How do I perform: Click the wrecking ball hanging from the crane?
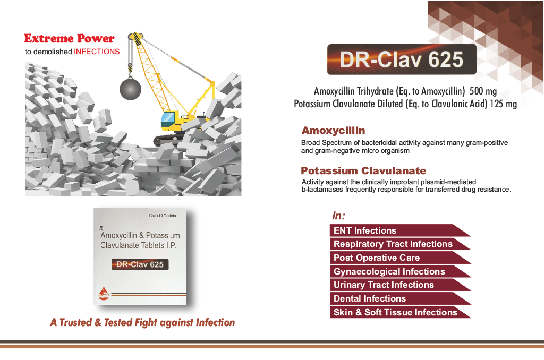point(131,89)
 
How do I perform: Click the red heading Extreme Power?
point(69,38)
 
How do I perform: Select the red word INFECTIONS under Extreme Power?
point(97,52)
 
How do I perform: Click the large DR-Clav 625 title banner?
point(402,59)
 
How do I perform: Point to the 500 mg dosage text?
point(483,91)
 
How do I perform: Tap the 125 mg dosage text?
point(503,104)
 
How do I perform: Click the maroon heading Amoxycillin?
point(333,131)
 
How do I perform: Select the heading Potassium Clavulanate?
point(363,170)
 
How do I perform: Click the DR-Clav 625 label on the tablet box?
point(140,264)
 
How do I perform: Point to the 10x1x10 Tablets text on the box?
point(163,216)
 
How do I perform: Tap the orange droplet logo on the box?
point(104,293)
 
